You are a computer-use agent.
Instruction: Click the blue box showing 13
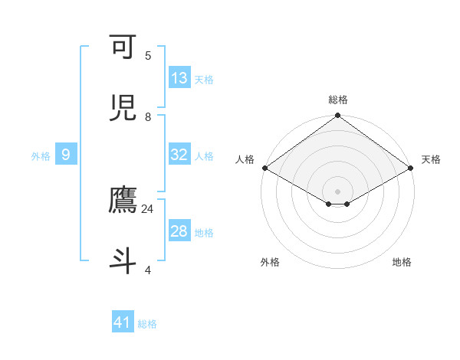click(179, 78)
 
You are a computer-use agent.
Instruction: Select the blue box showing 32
click(179, 155)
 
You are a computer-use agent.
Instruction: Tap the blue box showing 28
click(179, 231)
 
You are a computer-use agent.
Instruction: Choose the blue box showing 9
click(66, 155)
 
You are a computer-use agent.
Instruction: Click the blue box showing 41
click(123, 322)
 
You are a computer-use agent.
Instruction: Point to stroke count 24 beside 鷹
click(147, 209)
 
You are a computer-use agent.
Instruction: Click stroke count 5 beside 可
click(148, 56)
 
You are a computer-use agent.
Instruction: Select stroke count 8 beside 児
click(148, 117)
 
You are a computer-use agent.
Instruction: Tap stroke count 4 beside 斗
click(148, 270)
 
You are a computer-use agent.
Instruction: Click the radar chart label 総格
click(338, 100)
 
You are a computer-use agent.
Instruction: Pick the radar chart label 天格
click(431, 159)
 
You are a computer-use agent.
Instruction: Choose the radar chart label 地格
click(402, 263)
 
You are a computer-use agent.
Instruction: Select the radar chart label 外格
click(270, 263)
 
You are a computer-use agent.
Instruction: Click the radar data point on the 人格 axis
click(264, 168)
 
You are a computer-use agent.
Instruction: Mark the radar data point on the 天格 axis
click(412, 168)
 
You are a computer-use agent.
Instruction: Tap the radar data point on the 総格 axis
click(338, 116)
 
